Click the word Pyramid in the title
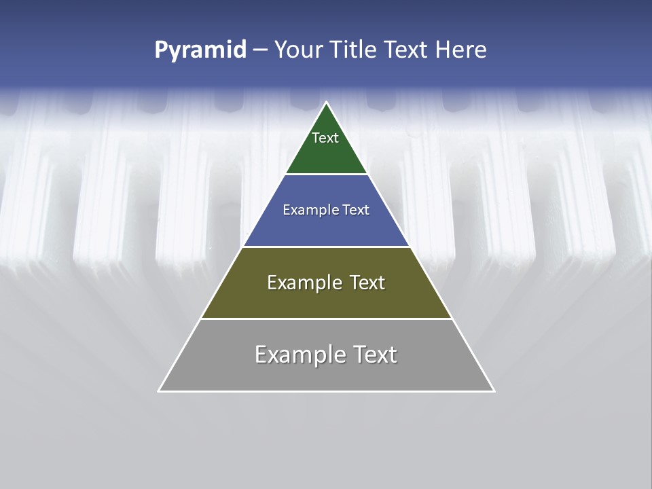pos(200,50)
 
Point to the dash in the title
pos(260,50)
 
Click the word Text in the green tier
pos(325,138)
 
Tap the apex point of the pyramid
pos(327,103)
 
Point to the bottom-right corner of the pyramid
pos(493,391)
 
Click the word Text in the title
pos(407,50)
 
